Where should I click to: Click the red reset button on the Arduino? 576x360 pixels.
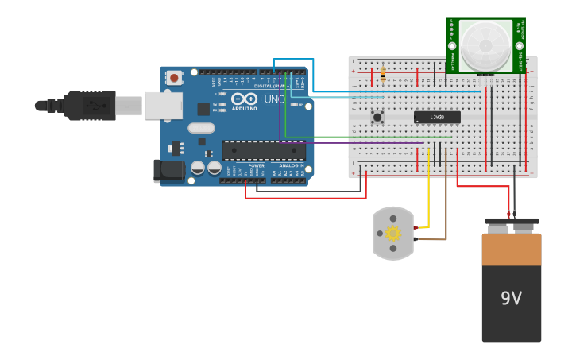pyautogui.click(x=173, y=77)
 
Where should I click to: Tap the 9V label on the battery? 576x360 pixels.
pyautogui.click(x=511, y=299)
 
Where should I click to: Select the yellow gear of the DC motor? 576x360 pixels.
pyautogui.click(x=392, y=233)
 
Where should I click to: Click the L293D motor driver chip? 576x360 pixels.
pyautogui.click(x=437, y=117)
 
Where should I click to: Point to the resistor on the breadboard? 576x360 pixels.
pyautogui.click(x=383, y=75)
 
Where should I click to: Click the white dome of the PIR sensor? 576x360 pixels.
pyautogui.click(x=485, y=45)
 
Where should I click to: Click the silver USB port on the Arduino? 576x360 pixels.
pyautogui.click(x=163, y=105)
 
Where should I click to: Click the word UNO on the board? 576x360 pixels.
pyautogui.click(x=273, y=99)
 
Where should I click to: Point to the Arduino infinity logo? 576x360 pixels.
pyautogui.click(x=244, y=99)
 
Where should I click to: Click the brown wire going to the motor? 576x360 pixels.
pyautogui.click(x=446, y=207)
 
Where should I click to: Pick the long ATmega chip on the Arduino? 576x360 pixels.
pyautogui.click(x=263, y=150)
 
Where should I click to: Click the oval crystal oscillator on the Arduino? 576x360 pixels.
pyautogui.click(x=202, y=128)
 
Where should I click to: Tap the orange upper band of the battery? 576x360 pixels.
pyautogui.click(x=511, y=249)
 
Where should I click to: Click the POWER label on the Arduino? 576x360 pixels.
pyautogui.click(x=256, y=165)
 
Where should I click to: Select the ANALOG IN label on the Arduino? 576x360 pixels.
pyautogui.click(x=291, y=165)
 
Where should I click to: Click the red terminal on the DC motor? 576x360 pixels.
pyautogui.click(x=415, y=227)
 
